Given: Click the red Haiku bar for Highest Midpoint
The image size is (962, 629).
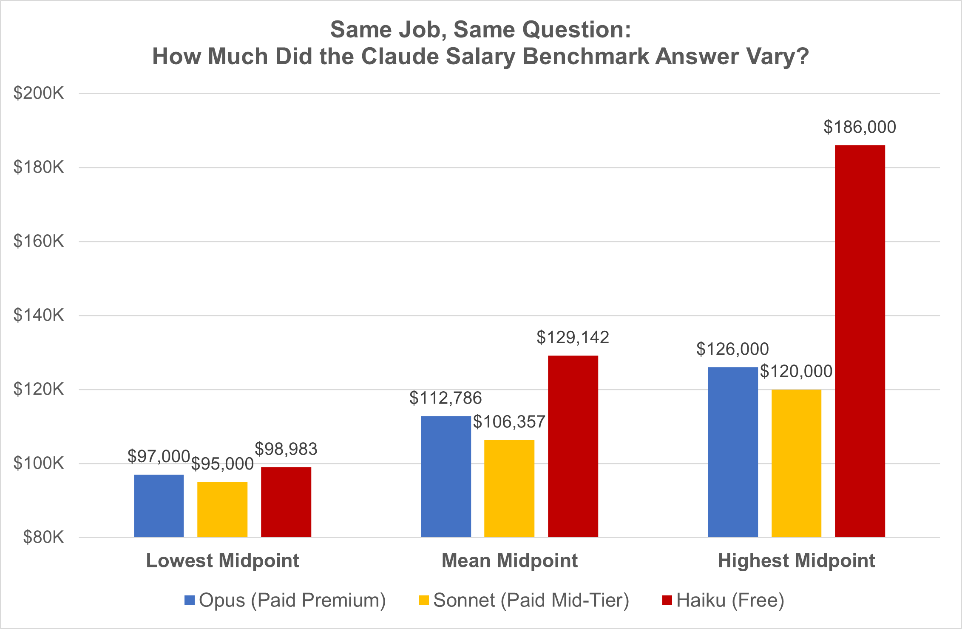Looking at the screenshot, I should (x=860, y=340).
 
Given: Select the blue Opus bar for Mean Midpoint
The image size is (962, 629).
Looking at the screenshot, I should (x=446, y=476).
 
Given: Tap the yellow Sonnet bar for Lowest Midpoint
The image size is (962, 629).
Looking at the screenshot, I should (x=222, y=509).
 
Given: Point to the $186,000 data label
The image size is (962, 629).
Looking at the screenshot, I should (x=860, y=127).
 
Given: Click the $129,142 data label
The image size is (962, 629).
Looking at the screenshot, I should (x=573, y=338).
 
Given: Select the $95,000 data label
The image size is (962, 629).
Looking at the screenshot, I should (x=222, y=464).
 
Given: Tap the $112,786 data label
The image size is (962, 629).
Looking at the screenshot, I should (x=446, y=398).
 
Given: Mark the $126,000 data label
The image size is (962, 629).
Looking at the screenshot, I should (x=732, y=349).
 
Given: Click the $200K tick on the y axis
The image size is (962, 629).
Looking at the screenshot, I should (x=39, y=93).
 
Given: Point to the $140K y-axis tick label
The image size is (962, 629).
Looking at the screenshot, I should (x=39, y=315).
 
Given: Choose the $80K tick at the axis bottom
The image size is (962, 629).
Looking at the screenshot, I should (x=43, y=538).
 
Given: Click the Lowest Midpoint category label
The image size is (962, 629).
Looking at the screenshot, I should (x=222, y=561).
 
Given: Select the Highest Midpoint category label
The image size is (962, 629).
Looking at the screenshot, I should (x=796, y=561).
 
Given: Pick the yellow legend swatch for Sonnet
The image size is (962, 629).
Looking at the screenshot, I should (x=424, y=600).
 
